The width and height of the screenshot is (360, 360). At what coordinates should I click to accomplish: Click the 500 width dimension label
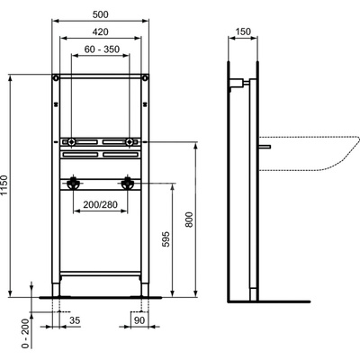coord(101,14)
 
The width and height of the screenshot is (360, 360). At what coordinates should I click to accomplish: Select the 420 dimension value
coord(100,31)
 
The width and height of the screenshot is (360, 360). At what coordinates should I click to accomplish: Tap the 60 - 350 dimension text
coord(102,49)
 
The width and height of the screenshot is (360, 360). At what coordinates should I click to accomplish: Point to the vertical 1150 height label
coord(4,185)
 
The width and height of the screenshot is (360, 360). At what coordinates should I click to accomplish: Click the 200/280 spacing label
coord(100,205)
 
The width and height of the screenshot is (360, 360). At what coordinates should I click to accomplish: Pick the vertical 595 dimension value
coord(166,238)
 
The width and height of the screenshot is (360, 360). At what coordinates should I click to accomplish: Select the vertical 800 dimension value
coord(189,220)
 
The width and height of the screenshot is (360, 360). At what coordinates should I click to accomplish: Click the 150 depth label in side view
coord(243,31)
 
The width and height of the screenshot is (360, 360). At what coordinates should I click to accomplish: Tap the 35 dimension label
coord(75,320)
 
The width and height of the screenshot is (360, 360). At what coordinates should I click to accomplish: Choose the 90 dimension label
coord(139,320)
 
